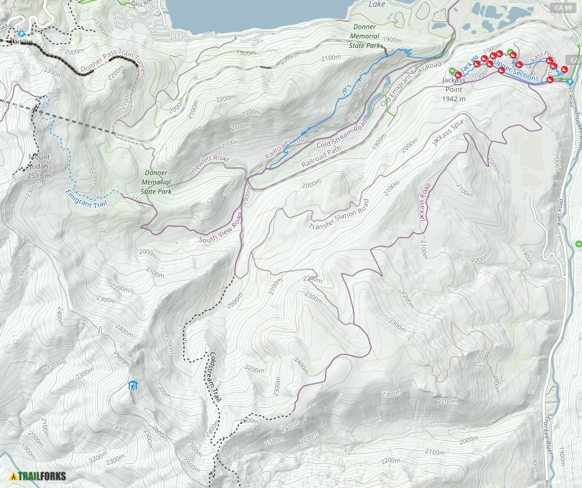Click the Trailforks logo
tap(38, 476)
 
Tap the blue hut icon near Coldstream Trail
tap(133, 386)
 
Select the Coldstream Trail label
tap(214, 376)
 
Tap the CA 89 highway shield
tap(562, 7)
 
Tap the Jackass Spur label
tap(448, 131)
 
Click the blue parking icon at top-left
tap(21, 33)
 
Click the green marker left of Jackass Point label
tap(451, 70)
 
